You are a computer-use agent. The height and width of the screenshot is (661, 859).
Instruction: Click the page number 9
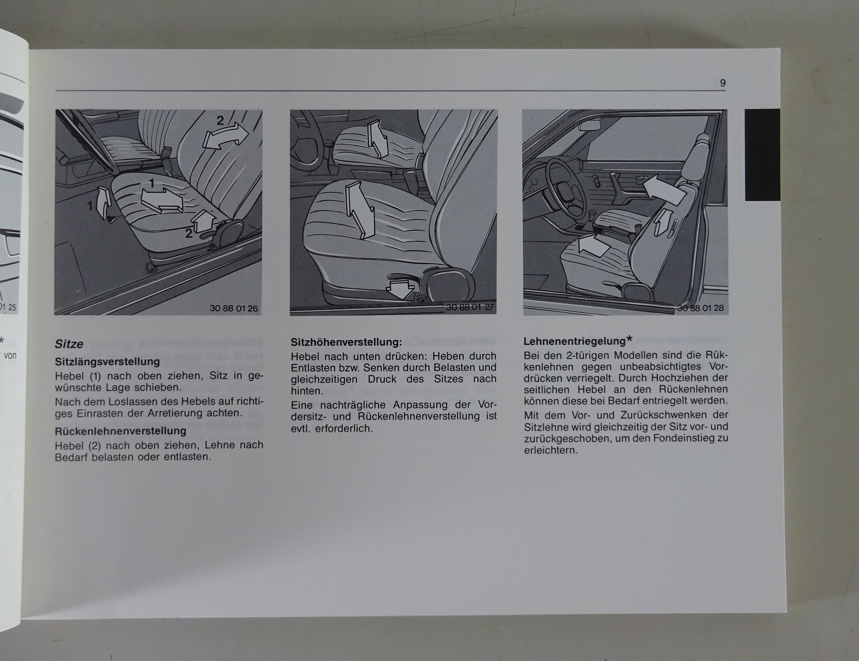pyautogui.click(x=723, y=83)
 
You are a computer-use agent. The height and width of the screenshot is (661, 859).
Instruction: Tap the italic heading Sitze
pyautogui.click(x=69, y=344)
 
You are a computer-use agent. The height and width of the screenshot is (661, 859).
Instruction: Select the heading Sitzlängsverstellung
pyautogui.click(x=107, y=362)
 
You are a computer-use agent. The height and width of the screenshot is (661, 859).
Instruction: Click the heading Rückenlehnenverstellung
pyautogui.click(x=121, y=431)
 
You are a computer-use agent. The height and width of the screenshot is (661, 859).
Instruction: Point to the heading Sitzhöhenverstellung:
pyautogui.click(x=346, y=342)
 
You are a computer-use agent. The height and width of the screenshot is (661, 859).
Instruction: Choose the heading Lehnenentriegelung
pyautogui.click(x=575, y=341)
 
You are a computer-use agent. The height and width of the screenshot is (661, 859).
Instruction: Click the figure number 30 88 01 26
pyautogui.click(x=234, y=308)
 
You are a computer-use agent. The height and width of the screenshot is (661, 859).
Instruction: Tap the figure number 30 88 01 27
pyautogui.click(x=470, y=307)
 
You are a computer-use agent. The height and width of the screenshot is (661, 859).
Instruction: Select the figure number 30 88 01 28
pyautogui.click(x=701, y=308)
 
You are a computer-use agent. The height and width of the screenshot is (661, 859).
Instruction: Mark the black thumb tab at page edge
pyautogui.click(x=762, y=155)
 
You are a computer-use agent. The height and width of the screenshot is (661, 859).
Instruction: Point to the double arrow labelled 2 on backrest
pyautogui.click(x=225, y=136)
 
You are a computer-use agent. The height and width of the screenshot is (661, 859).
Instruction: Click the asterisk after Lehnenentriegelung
pyautogui.click(x=629, y=339)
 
